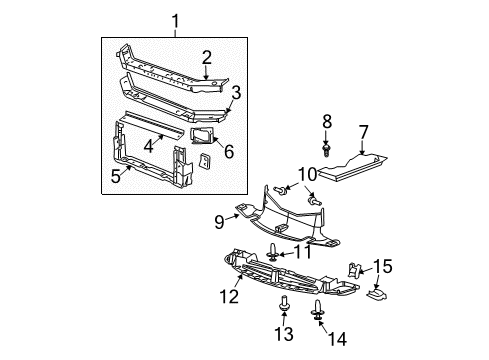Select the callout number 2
[206, 57]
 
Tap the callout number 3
[236, 93]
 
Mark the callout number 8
[327, 123]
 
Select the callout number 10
[307, 175]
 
